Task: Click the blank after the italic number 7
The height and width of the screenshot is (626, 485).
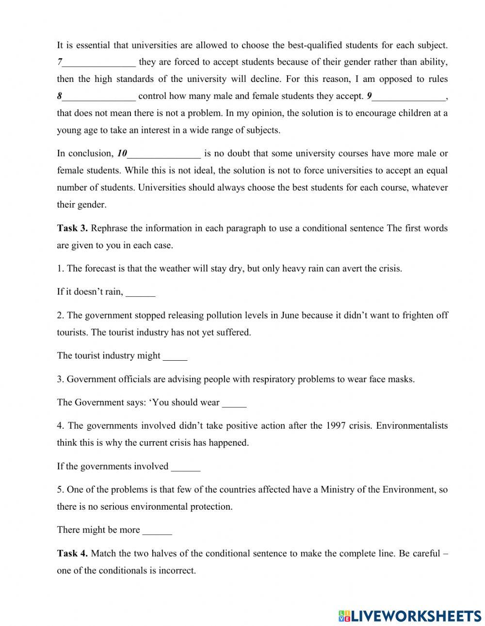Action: (99, 63)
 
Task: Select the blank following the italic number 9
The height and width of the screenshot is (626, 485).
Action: (409, 97)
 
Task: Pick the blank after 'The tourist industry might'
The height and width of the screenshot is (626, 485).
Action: (175, 356)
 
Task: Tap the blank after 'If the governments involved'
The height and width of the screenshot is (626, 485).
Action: (186, 467)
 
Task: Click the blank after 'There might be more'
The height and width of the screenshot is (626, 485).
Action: (157, 530)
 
